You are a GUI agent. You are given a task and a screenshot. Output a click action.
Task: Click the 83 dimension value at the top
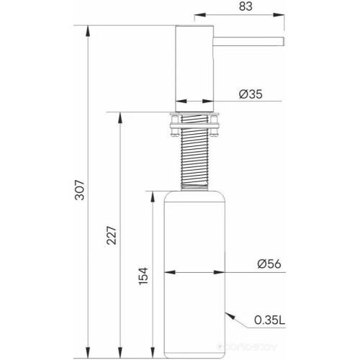(246, 6)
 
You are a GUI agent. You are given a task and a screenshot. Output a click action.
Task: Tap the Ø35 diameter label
(251, 94)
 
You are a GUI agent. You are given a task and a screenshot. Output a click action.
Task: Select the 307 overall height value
(80, 189)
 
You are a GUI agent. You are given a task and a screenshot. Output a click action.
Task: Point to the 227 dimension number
(112, 235)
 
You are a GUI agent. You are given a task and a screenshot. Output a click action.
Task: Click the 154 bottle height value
(143, 276)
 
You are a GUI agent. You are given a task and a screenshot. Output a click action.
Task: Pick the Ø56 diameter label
(269, 264)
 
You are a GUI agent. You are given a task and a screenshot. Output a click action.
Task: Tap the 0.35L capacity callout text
(269, 320)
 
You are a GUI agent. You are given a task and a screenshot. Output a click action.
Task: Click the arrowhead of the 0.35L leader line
(229, 315)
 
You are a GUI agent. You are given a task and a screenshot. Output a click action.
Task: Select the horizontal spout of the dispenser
(248, 41)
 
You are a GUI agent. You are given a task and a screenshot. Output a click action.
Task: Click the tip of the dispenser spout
(284, 41)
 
